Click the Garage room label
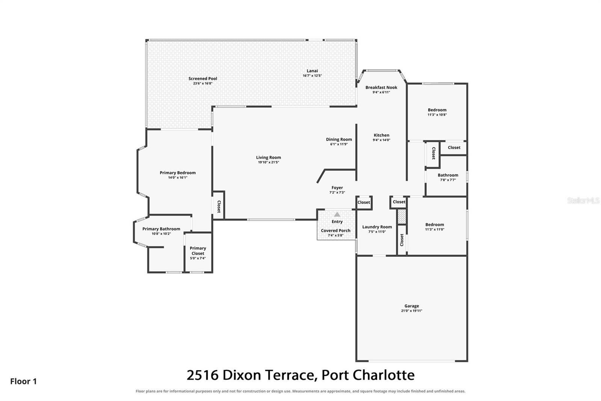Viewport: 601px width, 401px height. (x=412, y=306)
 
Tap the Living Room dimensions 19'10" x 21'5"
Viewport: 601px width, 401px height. (x=268, y=163)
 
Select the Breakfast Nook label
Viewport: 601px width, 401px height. (x=381, y=87)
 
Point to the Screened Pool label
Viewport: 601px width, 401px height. (x=202, y=79)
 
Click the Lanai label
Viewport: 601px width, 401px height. (x=312, y=71)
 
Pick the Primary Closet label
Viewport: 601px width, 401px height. (x=198, y=251)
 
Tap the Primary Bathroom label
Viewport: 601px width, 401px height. (x=161, y=229)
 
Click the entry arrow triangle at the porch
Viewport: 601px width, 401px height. (x=337, y=214)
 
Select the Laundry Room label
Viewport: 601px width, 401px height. (x=377, y=227)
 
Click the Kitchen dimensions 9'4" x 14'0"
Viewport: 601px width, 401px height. (x=381, y=140)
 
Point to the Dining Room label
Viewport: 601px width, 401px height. (x=339, y=139)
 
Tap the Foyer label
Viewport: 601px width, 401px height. (x=337, y=188)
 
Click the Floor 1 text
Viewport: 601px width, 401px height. (x=23, y=381)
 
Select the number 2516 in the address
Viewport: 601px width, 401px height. (x=202, y=375)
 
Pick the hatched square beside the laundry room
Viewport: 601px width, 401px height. (x=402, y=216)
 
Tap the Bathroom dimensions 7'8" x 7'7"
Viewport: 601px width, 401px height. (x=448, y=180)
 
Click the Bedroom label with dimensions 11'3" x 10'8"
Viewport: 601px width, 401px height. (x=437, y=110)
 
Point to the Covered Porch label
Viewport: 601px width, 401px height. (x=336, y=231)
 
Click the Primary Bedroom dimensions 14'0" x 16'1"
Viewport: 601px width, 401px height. (x=178, y=178)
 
